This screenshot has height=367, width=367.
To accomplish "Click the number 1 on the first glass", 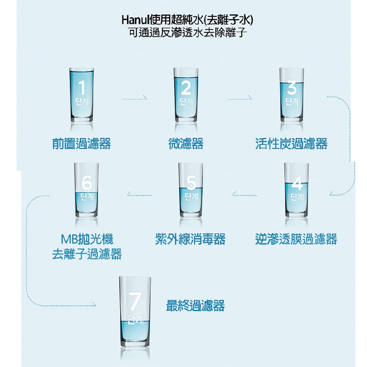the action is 82,87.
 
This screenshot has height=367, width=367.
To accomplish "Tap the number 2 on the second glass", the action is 186,87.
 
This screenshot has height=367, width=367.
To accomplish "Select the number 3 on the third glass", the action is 292,87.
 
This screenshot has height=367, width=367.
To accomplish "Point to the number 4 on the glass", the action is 297,182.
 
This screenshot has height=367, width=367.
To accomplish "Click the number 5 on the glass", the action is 191,182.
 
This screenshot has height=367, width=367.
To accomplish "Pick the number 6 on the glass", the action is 87,182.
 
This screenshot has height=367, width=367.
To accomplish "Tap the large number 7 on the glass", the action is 135,300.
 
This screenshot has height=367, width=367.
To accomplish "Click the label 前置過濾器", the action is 81,143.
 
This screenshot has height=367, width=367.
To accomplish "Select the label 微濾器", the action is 186,143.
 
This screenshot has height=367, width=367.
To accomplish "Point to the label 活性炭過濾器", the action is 291,143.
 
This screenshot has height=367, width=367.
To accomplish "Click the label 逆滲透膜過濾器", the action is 296,239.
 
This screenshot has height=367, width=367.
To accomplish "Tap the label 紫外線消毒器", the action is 190,239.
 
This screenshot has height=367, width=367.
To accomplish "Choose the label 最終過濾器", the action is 195,305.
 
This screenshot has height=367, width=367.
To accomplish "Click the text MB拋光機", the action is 87,239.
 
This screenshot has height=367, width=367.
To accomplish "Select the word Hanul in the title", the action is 135,20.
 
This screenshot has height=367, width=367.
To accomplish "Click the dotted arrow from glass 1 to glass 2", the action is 134,98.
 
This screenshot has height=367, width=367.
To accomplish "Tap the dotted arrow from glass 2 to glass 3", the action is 240,98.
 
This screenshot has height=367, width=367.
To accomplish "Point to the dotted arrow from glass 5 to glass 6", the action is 139,195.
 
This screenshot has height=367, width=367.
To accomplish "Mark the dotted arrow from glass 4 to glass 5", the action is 244,195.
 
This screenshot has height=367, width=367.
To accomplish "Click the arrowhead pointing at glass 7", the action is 94,305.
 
